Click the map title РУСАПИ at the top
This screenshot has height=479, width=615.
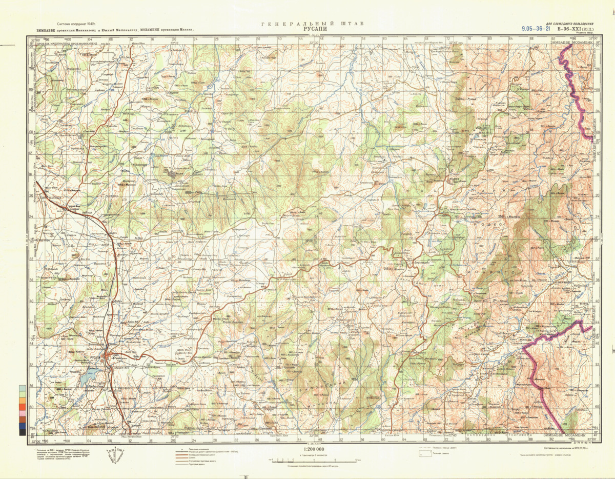click(307, 29)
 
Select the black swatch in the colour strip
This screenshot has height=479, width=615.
click(22, 432)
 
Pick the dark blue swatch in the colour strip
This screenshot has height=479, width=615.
click(22, 426)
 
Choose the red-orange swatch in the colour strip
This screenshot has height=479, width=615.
click(22, 413)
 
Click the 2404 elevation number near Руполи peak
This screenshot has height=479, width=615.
click(459, 98)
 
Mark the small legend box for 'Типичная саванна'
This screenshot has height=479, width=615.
click(423, 454)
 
